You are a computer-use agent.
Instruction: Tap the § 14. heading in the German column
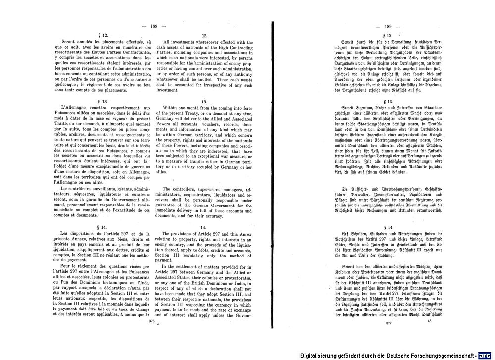tap(388, 213)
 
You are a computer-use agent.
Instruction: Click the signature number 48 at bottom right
tap(429, 335)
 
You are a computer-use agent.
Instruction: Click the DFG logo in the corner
tap(486, 355)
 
